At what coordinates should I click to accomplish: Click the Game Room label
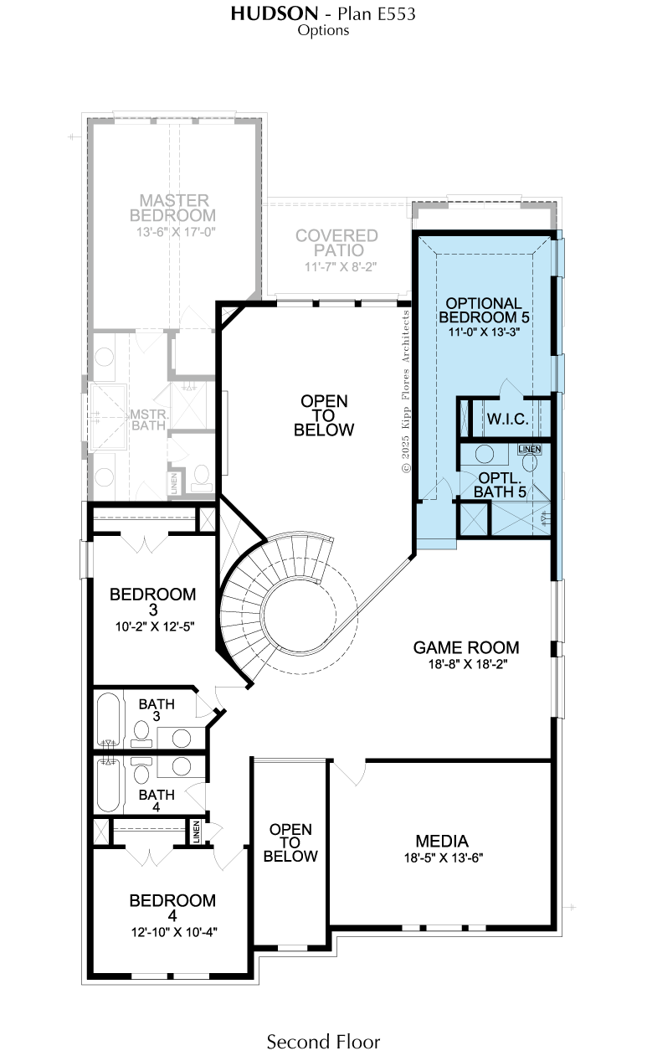pyautogui.click(x=466, y=647)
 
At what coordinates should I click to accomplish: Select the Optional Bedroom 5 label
pyautogui.click(x=484, y=310)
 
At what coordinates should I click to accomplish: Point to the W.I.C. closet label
pyautogui.click(x=507, y=419)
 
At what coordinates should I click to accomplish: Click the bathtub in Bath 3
pyautogui.click(x=108, y=719)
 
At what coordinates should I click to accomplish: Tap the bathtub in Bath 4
pyautogui.click(x=108, y=785)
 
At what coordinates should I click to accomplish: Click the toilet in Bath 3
pyautogui.click(x=141, y=732)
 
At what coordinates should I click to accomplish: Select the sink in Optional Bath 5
pyautogui.click(x=484, y=454)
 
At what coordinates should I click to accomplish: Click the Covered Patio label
pyautogui.click(x=336, y=243)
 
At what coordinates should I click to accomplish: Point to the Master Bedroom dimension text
pyautogui.click(x=176, y=232)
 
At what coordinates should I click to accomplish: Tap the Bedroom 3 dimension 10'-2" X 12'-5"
pyautogui.click(x=155, y=626)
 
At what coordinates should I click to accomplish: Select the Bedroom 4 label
pyautogui.click(x=172, y=908)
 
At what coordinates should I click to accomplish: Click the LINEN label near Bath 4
pyautogui.click(x=197, y=832)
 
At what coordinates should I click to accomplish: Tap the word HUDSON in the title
pyautogui.click(x=275, y=13)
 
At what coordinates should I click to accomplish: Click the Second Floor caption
pyautogui.click(x=323, y=1042)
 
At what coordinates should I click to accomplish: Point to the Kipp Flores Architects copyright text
pyautogui.click(x=406, y=391)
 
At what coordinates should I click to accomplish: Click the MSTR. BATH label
pyautogui.click(x=149, y=420)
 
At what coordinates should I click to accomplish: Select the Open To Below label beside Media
pyautogui.click(x=290, y=842)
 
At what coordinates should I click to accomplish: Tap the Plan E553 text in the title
pyautogui.click(x=377, y=13)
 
